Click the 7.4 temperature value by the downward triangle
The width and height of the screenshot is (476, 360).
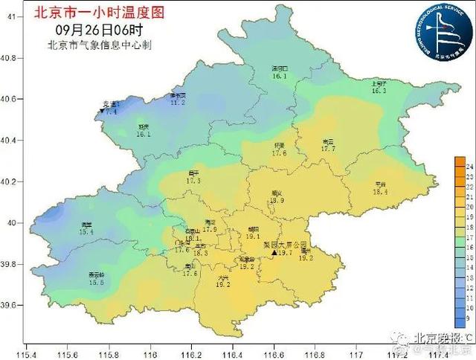112,112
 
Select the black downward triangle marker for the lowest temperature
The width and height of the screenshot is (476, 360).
102,112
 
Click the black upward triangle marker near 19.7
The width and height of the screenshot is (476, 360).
274,254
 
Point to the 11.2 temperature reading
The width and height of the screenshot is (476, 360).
178,102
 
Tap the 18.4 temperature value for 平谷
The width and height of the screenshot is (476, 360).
380,191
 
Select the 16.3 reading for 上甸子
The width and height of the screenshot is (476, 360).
379,91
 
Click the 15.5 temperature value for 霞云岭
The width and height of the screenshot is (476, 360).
96,282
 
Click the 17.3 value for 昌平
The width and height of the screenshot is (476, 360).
193,180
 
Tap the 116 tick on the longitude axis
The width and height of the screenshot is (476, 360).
151,347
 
